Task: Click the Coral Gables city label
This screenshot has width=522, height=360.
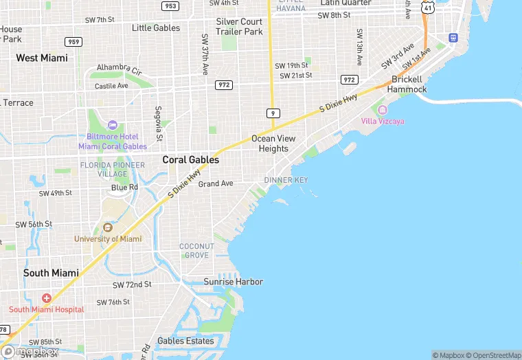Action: coord(191,159)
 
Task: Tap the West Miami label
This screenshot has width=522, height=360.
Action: coord(42,58)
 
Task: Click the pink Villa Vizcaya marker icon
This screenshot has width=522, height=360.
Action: coord(383,110)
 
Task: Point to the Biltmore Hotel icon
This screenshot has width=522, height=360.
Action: coord(113,124)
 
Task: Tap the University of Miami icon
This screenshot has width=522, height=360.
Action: coord(108,227)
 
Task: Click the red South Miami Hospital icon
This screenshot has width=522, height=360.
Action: coord(46,298)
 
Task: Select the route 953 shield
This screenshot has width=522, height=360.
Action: coord(170,6)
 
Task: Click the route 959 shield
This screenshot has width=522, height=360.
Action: coord(73,42)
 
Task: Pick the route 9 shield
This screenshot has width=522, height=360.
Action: coord(273,112)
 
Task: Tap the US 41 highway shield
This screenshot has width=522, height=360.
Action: coord(428,8)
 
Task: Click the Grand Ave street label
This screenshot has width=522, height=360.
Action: coord(216,183)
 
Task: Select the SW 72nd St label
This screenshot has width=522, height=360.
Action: coord(132,284)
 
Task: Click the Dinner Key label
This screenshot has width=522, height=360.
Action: coord(286,180)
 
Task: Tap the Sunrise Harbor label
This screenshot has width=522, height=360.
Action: coord(233,282)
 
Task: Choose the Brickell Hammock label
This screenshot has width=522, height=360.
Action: coord(407,85)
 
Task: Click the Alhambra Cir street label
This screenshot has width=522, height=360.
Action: coord(119,70)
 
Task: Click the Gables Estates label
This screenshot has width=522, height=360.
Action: coord(185,341)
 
